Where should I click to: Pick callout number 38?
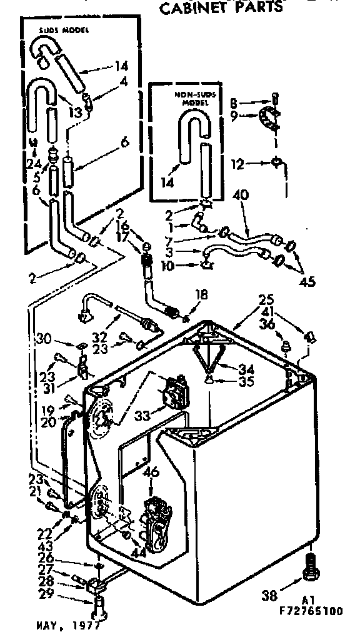(x=269, y=596)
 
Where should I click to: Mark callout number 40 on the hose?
(x=241, y=195)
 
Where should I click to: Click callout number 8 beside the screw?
(x=232, y=101)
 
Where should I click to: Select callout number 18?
(x=201, y=294)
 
